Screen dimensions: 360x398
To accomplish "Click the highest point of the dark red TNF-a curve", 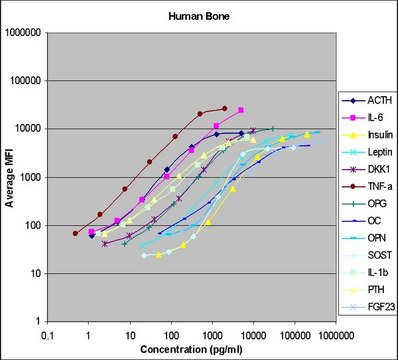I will click(x=225, y=108).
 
